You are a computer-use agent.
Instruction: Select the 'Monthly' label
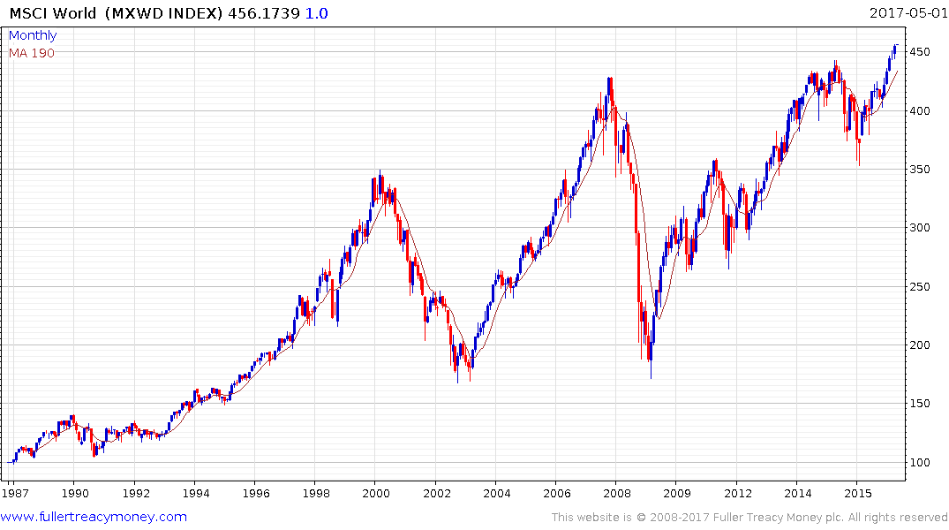tap(33, 35)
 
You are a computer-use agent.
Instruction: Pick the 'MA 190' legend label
tap(31, 52)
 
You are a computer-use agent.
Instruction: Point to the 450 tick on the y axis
tap(923, 52)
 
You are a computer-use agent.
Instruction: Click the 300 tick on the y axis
tap(923, 228)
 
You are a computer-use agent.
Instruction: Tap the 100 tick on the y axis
tap(923, 462)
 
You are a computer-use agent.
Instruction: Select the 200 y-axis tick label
tap(923, 345)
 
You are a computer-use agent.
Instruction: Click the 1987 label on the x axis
tap(13, 493)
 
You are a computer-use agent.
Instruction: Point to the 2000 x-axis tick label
tap(376, 493)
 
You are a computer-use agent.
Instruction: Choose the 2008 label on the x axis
tap(617, 493)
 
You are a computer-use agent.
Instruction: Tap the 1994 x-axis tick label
tap(195, 493)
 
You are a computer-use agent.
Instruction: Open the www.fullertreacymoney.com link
tap(94, 517)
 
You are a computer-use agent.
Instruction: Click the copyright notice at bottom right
tap(749, 517)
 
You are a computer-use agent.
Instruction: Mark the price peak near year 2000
tap(380, 171)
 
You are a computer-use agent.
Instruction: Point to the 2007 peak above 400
tap(609, 79)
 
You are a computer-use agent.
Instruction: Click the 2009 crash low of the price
tap(651, 377)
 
